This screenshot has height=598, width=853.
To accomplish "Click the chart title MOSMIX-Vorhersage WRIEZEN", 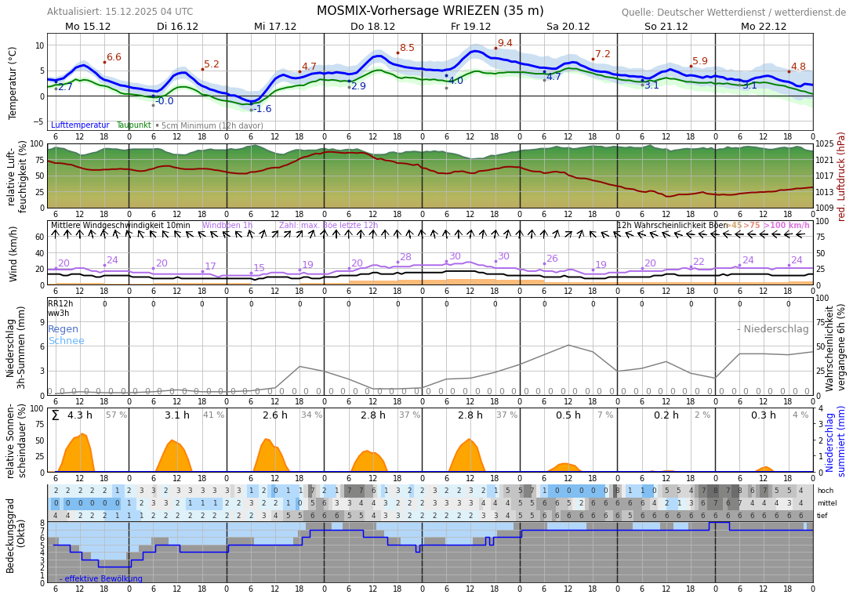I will [x=430, y=11].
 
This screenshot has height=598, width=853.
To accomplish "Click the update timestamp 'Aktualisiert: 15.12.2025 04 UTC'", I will [x=120, y=12].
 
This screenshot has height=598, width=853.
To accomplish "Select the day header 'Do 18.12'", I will [x=373, y=27].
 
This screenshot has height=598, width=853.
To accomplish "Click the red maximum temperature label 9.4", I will [x=505, y=44].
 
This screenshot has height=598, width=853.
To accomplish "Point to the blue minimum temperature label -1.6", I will [x=262, y=109].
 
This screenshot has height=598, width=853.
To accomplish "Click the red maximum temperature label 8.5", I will [x=407, y=49].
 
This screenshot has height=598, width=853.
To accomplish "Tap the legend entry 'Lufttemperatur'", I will [x=80, y=125].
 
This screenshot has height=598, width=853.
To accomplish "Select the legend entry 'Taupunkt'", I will [x=133, y=125].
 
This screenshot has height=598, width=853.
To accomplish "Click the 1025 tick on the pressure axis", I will [x=825, y=144].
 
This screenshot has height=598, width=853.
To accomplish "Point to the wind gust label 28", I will [x=405, y=257].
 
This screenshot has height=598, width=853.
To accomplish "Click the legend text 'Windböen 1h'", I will [x=227, y=226].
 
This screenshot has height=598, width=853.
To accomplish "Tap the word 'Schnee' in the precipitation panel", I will [x=66, y=341].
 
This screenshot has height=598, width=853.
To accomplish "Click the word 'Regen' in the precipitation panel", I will [x=64, y=329].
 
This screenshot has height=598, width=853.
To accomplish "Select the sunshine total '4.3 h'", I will [x=80, y=415].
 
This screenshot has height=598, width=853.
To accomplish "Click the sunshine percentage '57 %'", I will [x=116, y=415].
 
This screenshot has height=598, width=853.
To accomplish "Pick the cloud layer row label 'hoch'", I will [x=826, y=491].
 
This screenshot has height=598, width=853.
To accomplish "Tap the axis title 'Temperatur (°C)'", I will [x=13, y=82].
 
